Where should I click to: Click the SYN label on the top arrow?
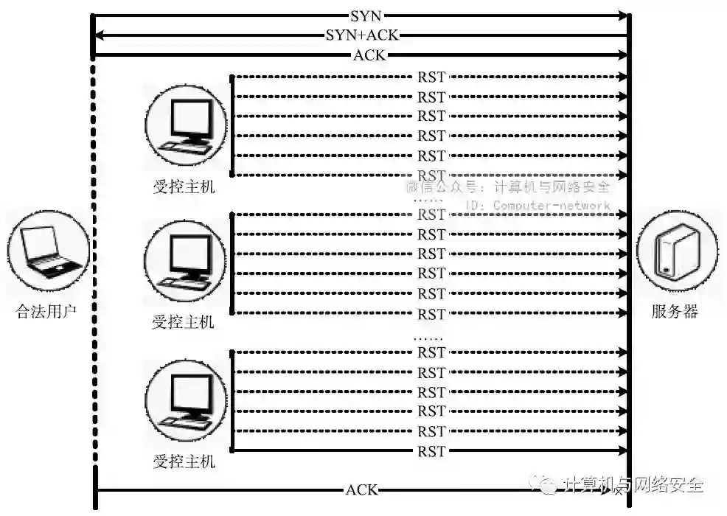click(x=366, y=15)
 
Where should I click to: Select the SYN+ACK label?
click(x=362, y=35)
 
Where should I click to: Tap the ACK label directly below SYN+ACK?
click(x=369, y=55)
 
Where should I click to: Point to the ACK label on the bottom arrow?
click(x=361, y=489)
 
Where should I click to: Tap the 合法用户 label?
click(x=46, y=311)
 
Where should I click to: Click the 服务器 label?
click(x=675, y=311)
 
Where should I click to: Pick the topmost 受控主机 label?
click(x=184, y=187)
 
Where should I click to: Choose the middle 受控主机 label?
click(x=184, y=321)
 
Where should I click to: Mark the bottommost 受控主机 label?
click(x=184, y=462)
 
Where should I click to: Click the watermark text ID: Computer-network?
click(x=539, y=206)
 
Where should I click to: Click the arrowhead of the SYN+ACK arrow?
click(x=97, y=35)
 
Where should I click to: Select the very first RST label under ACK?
click(x=431, y=76)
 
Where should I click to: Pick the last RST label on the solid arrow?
click(x=431, y=450)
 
